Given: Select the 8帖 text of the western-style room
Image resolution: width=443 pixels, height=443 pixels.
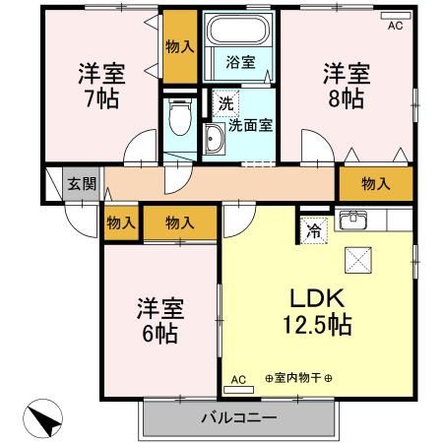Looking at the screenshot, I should [x=345, y=100].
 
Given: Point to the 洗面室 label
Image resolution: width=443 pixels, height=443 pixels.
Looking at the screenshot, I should [x=250, y=126].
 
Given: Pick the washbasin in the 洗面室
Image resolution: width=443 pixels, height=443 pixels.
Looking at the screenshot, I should [x=215, y=139].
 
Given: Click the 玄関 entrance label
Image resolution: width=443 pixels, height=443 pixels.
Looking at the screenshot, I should [x=80, y=183].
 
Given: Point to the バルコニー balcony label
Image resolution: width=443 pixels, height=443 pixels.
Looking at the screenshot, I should [x=240, y=417].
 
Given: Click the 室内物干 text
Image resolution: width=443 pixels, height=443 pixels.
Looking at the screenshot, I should [x=299, y=379].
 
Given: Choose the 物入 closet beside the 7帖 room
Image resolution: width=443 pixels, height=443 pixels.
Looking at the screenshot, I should [x=178, y=47].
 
